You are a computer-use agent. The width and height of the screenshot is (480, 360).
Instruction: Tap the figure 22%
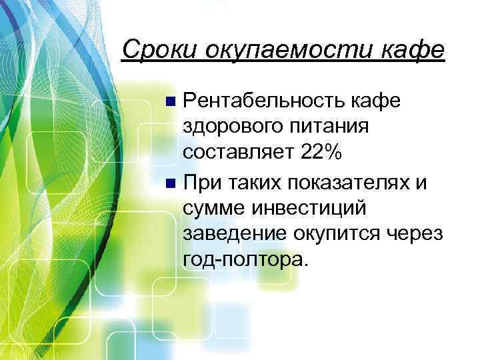[322, 153]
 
